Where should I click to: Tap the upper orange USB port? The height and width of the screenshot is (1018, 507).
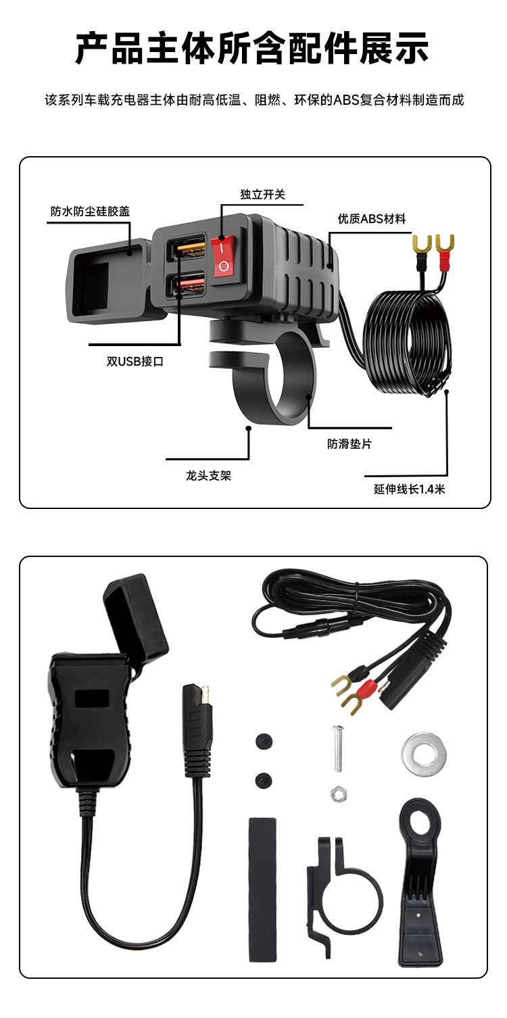(187, 249)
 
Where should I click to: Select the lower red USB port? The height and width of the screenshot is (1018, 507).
(187, 283)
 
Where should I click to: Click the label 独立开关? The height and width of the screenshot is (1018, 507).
(262, 195)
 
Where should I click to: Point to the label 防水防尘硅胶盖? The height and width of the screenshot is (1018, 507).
(90, 211)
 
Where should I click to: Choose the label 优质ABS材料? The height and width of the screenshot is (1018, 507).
(372, 218)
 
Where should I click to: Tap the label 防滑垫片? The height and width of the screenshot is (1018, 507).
(349, 444)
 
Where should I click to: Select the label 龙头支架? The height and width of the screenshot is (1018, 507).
(208, 475)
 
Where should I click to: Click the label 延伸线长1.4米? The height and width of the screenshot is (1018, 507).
(409, 489)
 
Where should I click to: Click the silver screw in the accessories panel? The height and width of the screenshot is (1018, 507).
(336, 748)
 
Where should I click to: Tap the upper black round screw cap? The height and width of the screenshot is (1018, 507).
(264, 742)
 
